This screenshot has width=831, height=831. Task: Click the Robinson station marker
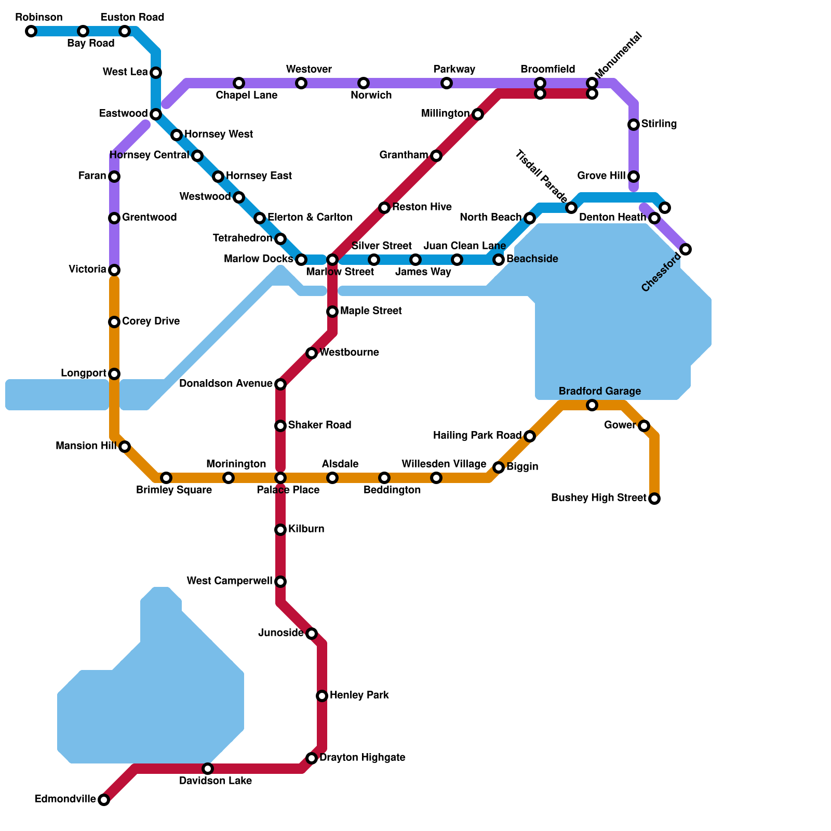click(31, 31)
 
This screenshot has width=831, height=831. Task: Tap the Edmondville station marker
click(104, 800)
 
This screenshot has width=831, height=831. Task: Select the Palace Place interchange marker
click(280, 478)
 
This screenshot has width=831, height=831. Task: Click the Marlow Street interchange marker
click(332, 260)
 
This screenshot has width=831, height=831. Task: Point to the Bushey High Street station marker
click(654, 499)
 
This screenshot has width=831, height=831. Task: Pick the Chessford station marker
click(686, 249)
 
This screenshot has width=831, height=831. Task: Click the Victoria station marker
click(114, 270)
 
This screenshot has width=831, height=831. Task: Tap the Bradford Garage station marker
click(592, 405)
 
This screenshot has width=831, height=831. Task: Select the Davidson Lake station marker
click(208, 769)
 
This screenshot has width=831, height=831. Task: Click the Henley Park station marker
click(322, 696)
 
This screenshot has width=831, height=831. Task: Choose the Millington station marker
click(478, 114)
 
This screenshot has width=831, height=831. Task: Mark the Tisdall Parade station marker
click(571, 208)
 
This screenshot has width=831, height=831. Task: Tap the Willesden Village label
click(444, 464)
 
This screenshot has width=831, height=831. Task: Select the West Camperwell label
click(229, 581)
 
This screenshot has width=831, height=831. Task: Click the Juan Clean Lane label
click(464, 246)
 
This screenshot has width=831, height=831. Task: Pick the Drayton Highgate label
click(362, 758)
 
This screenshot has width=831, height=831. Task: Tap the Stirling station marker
click(634, 125)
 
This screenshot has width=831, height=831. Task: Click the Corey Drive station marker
click(114, 322)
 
